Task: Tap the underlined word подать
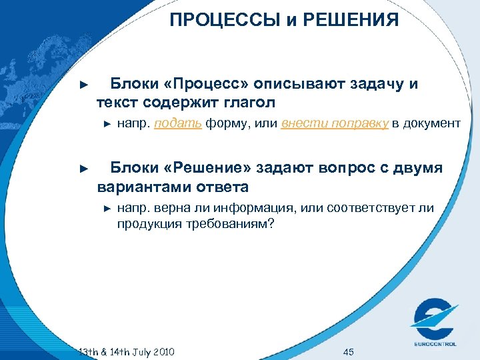(178, 123)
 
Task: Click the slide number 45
(347, 351)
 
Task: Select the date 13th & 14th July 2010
(127, 351)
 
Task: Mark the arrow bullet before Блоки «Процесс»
(83, 85)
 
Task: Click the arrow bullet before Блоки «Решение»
(83, 169)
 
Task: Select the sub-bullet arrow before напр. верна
(107, 209)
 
